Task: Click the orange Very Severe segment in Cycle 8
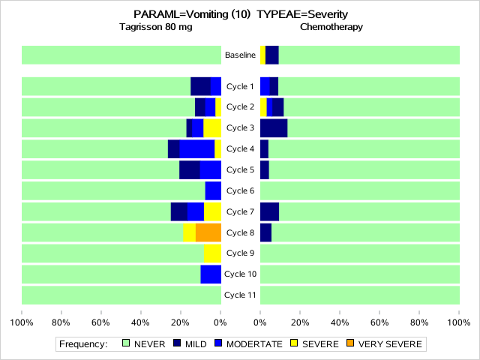208,232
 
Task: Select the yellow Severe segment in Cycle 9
212,253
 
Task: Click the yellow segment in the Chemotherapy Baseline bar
262,55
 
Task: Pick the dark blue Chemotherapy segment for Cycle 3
274,127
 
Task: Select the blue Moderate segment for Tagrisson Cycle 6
213,190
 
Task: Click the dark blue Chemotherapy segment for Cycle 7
269,211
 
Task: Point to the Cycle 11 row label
240,295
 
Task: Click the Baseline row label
240,55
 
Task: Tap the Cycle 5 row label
240,169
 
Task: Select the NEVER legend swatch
125,343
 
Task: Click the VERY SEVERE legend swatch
350,343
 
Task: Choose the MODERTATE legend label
254,344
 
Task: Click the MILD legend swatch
177,343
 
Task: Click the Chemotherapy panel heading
331,27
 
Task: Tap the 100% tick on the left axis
22,323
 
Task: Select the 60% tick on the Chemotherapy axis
379,323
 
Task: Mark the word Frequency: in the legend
83,344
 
